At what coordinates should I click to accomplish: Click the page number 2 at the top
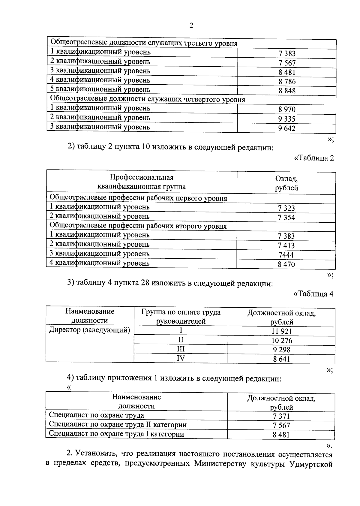tap(191, 26)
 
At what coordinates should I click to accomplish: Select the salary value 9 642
tap(286, 128)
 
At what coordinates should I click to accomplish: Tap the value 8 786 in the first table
tap(287, 82)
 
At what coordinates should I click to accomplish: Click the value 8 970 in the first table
tap(287, 110)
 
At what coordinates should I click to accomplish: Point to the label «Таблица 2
tap(314, 158)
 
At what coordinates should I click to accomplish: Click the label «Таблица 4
tap(313, 294)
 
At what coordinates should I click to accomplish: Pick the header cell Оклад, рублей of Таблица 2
tap(286, 183)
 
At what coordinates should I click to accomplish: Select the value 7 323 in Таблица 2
tap(286, 208)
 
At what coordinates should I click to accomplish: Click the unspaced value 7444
tap(286, 255)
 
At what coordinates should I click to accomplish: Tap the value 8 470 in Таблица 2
tap(286, 264)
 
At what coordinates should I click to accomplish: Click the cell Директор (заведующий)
tap(89, 330)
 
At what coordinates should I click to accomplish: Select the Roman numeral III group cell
tap(181, 349)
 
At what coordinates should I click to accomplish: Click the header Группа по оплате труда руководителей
tap(181, 317)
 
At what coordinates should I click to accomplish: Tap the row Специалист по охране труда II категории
tap(118, 425)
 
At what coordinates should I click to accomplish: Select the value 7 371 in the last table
tap(281, 416)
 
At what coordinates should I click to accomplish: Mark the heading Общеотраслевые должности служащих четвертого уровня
tap(147, 99)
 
